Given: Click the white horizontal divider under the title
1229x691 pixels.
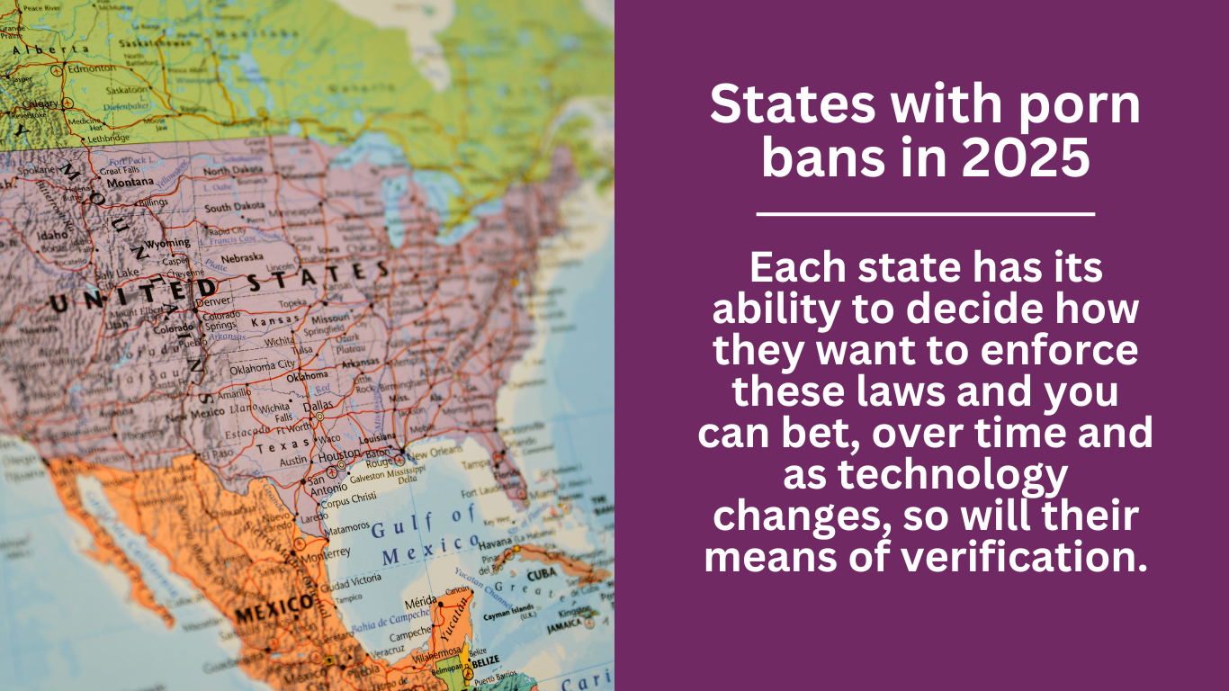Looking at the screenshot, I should (x=925, y=214).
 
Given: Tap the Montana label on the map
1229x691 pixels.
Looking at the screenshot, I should (x=130, y=182).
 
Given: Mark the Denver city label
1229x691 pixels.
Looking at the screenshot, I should (x=215, y=301).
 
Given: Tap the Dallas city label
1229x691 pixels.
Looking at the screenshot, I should (x=318, y=405).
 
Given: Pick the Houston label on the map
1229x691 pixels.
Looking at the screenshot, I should (x=340, y=456).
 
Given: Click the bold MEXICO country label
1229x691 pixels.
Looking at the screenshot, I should (x=266, y=615).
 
